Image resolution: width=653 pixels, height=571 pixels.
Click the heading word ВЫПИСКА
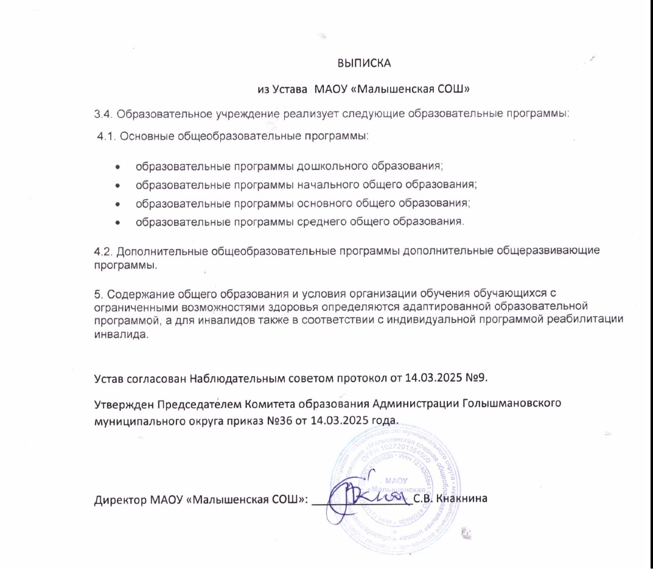[363, 63]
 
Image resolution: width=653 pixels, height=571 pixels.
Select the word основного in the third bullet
[322, 202]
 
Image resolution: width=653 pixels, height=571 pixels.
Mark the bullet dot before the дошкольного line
[117, 166]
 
